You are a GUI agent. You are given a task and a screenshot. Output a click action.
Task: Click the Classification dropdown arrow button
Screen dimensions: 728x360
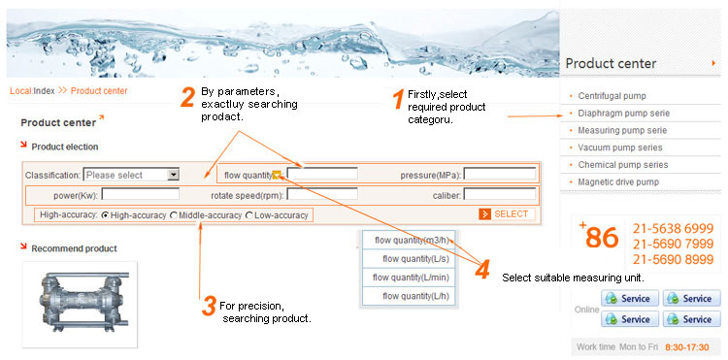173,175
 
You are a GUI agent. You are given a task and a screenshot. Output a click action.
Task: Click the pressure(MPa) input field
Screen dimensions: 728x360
500,174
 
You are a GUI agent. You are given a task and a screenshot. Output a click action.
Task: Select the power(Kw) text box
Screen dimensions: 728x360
141,194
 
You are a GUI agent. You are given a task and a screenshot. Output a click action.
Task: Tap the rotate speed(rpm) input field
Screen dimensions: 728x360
322,194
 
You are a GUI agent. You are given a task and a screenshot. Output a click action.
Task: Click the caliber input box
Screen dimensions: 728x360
500,194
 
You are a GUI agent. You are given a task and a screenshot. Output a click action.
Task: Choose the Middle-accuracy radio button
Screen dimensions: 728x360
174,215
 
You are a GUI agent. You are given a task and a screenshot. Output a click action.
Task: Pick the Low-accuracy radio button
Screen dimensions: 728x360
249,215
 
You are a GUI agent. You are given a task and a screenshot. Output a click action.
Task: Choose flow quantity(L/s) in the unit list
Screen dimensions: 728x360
408,259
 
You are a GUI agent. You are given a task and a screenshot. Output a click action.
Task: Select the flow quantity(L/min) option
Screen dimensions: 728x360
408,278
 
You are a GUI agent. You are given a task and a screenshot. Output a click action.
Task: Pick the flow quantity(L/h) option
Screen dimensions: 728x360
408,296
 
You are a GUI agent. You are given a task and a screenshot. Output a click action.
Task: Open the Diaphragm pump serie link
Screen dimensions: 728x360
623,114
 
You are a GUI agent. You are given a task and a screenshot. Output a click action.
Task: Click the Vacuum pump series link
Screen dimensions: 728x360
620,147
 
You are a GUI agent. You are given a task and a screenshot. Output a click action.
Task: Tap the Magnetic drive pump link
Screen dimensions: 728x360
618,181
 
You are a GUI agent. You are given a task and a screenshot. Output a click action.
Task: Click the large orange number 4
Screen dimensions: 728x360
482,270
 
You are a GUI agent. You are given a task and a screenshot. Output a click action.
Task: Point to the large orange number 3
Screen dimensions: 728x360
209,307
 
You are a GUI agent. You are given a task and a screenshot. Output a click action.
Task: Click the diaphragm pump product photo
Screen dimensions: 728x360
80,304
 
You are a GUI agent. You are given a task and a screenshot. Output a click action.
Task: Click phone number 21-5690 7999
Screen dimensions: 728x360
673,244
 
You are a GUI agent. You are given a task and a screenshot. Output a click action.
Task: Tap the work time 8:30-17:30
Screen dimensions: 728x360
687,347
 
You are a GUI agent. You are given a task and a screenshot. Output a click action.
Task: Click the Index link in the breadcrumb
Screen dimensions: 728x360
44,91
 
